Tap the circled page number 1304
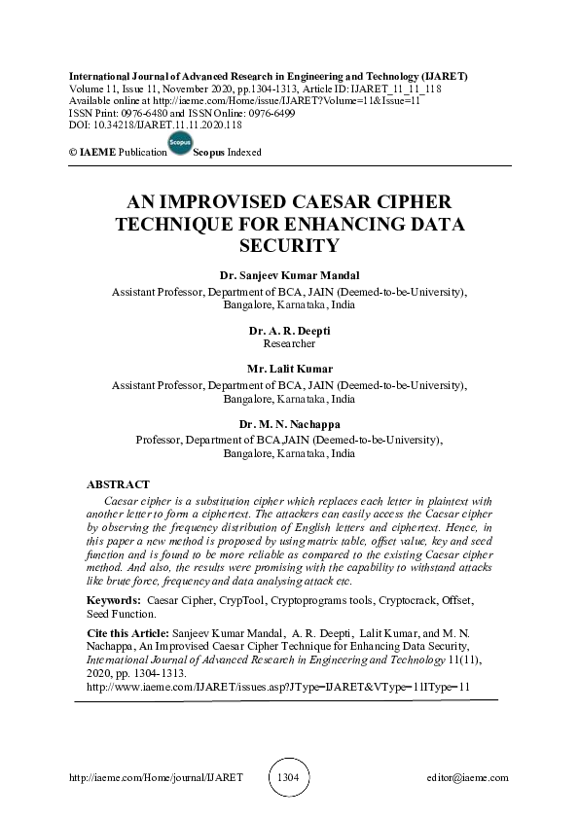point(289,778)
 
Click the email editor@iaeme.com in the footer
point(467,778)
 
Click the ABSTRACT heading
point(118,484)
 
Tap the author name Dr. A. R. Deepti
point(289,332)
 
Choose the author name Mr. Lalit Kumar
point(289,370)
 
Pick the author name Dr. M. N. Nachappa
point(289,425)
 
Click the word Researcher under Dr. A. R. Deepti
point(289,344)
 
